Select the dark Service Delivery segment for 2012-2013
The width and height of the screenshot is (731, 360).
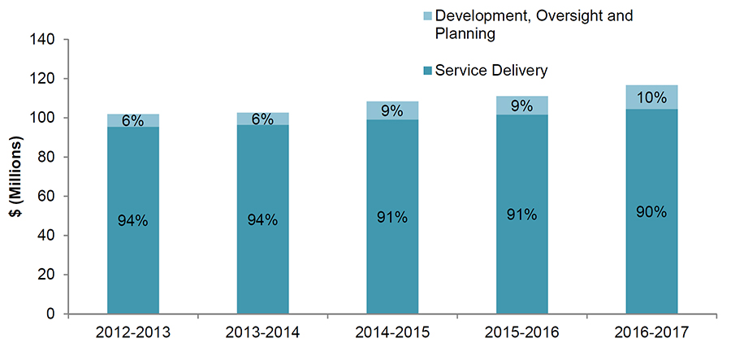point(133,179)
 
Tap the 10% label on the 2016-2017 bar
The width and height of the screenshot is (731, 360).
point(651,98)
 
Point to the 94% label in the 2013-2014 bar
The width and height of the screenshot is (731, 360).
point(262,219)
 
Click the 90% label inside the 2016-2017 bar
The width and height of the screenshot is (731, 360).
point(651,212)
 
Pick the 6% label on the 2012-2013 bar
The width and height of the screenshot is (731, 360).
point(133,121)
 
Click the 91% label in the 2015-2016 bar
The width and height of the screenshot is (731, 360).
point(521,215)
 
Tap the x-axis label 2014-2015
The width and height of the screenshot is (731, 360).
point(392,333)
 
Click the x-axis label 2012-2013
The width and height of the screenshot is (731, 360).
point(133,333)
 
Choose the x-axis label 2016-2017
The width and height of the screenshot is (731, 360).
point(651,333)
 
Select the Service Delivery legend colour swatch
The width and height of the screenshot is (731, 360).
point(427,72)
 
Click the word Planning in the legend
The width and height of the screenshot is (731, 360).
point(465,34)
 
